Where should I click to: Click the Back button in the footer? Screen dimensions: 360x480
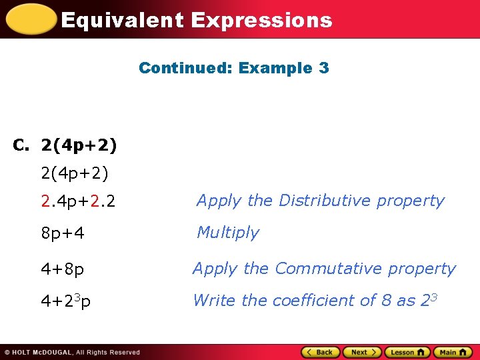(321, 352)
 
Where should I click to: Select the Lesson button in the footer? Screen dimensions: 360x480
(407, 352)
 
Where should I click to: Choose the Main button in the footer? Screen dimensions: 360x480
(452, 352)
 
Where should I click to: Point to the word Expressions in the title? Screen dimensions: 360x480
(261, 20)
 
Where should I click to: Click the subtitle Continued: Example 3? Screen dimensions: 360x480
(234, 68)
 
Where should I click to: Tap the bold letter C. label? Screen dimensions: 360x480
(22, 144)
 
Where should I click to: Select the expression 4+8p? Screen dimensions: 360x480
(63, 269)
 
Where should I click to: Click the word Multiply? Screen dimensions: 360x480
(227, 233)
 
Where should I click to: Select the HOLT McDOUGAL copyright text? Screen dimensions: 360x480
(73, 353)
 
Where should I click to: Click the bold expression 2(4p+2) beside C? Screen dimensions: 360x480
(79, 144)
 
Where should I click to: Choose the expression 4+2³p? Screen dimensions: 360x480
(66, 301)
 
